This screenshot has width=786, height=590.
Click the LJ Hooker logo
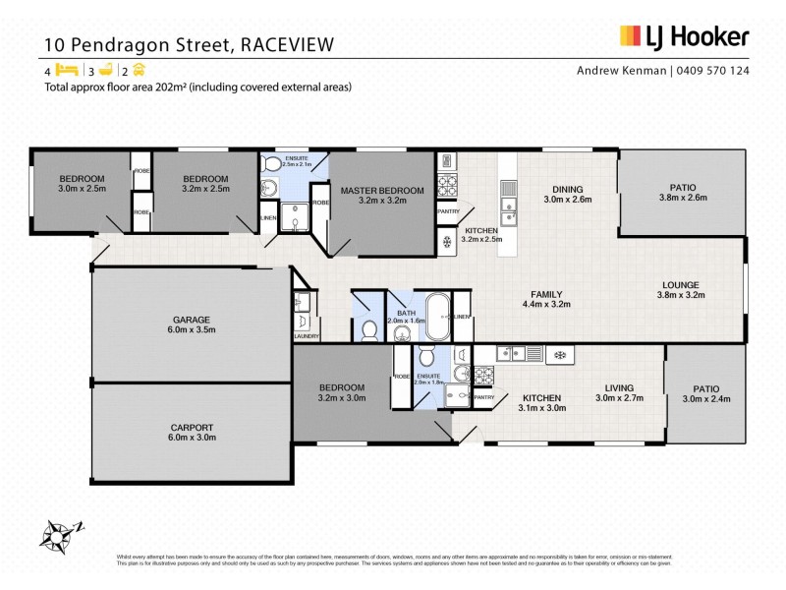click(684, 37)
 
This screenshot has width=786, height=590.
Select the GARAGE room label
click(192, 320)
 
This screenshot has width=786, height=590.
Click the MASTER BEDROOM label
click(382, 190)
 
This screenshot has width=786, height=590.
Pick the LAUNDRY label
click(306, 336)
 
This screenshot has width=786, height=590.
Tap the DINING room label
click(568, 190)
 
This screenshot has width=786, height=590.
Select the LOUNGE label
click(680, 285)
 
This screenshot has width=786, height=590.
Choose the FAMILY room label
click(545, 294)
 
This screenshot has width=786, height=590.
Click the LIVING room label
click(619, 387)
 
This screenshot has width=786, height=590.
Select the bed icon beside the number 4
click(67, 70)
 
